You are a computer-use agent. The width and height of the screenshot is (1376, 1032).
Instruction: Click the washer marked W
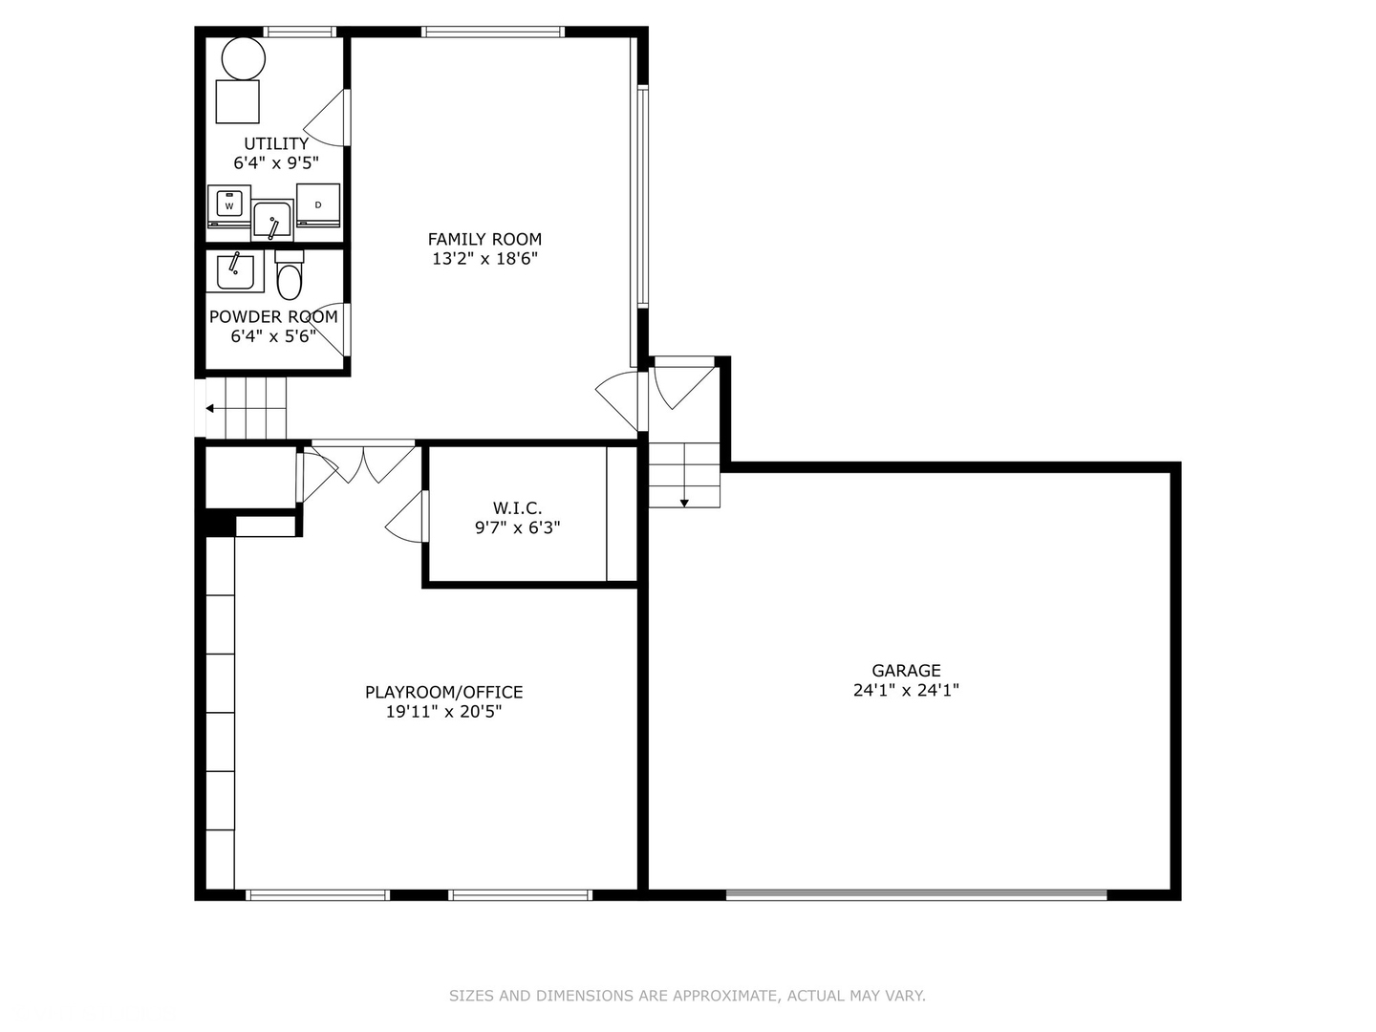click(x=229, y=205)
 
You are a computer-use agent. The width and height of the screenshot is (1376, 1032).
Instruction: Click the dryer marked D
click(x=318, y=204)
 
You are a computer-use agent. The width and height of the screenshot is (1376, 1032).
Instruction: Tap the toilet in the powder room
click(x=289, y=279)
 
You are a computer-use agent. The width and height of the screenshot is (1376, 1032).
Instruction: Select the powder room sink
click(x=235, y=271)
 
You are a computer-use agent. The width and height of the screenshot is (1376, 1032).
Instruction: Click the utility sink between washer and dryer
click(x=273, y=221)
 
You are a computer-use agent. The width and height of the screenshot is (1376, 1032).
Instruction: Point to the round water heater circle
click(x=243, y=58)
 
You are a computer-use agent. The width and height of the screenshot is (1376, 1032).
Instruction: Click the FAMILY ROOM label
click(x=484, y=239)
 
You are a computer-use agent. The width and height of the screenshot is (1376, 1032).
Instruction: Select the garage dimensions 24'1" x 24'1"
click(x=906, y=690)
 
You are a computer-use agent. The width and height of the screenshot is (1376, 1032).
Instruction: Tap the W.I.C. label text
click(x=517, y=508)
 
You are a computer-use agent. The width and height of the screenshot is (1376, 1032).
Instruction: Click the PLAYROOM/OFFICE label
click(x=443, y=692)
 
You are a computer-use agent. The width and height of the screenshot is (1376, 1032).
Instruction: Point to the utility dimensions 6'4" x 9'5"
click(x=276, y=163)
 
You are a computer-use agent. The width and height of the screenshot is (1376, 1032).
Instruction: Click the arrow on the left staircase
click(x=209, y=408)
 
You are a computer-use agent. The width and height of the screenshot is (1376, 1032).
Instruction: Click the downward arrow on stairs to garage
click(x=684, y=502)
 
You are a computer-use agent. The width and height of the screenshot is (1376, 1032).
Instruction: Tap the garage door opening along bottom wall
click(x=915, y=894)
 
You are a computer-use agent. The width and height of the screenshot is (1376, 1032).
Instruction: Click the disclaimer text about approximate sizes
click(x=687, y=996)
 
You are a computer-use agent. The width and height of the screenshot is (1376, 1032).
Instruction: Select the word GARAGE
click(x=906, y=671)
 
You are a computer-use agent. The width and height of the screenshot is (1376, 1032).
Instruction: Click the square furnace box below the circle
click(x=238, y=101)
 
